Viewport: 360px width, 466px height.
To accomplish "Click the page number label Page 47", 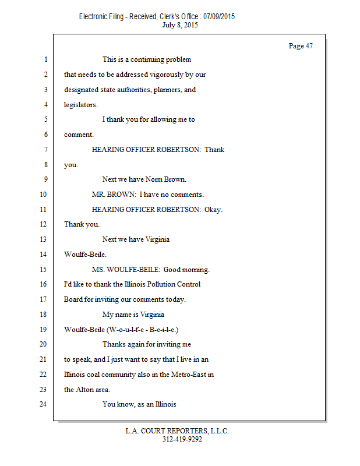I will point(301,46).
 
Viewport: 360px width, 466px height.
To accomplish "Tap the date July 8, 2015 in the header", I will point(181,25).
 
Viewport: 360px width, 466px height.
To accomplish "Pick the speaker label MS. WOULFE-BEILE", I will point(126,270).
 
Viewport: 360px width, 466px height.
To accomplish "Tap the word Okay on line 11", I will point(213,209).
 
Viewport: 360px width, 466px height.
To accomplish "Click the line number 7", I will point(44,150).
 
